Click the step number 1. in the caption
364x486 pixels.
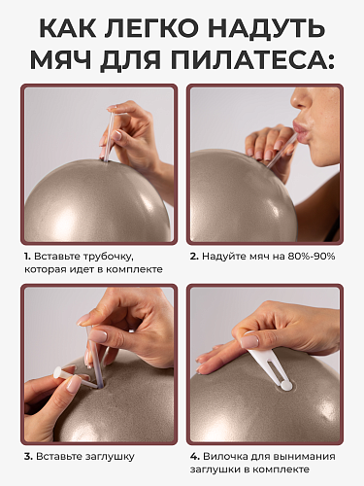click(x=27, y=257)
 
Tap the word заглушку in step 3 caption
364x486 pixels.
click(x=109, y=457)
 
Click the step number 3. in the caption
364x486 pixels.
click(x=28, y=457)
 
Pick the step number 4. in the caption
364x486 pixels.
click(x=195, y=457)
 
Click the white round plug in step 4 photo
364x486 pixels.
click(x=285, y=386)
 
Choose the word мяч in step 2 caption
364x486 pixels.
click(x=260, y=257)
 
